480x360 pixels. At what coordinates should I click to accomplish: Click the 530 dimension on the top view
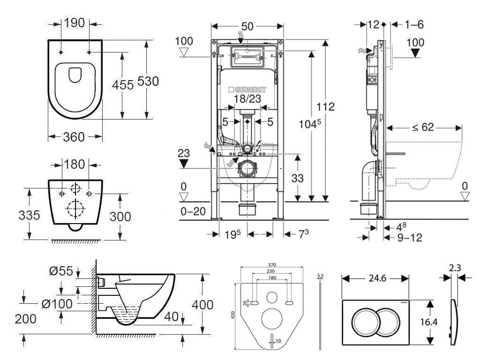(148, 81)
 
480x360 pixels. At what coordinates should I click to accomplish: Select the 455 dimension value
(123, 84)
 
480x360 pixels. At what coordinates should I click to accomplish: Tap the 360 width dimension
(74, 137)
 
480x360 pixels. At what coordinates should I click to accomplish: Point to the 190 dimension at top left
(75, 22)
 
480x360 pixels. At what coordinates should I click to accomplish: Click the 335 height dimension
(29, 216)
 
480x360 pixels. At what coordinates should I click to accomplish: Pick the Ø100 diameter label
(57, 304)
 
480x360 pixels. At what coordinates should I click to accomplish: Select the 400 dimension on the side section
(202, 305)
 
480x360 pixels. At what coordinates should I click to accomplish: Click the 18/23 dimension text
(248, 98)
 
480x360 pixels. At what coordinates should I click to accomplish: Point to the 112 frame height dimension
(325, 106)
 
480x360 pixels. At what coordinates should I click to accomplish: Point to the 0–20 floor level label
(193, 211)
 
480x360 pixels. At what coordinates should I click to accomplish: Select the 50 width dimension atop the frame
(247, 26)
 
